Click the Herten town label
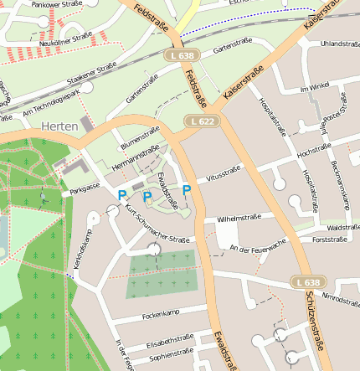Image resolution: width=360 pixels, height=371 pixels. pyautogui.click(x=59, y=126)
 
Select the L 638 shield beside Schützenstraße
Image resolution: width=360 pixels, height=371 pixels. pyautogui.click(x=308, y=283)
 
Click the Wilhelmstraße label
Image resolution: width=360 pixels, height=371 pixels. pyautogui.click(x=239, y=219)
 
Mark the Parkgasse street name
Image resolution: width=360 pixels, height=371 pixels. pyautogui.click(x=85, y=189)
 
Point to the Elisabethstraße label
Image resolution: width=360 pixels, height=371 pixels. pyautogui.click(x=170, y=341)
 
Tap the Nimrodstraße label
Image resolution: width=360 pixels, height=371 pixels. pyautogui.click(x=341, y=298)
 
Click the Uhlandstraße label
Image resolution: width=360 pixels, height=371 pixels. pyautogui.click(x=339, y=43)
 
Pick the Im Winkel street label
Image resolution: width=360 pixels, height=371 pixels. pyautogui.click(x=316, y=87)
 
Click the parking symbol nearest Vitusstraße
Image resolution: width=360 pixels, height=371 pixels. pyautogui.click(x=187, y=191)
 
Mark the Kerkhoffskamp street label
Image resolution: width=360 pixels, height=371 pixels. pyautogui.click(x=81, y=250)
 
